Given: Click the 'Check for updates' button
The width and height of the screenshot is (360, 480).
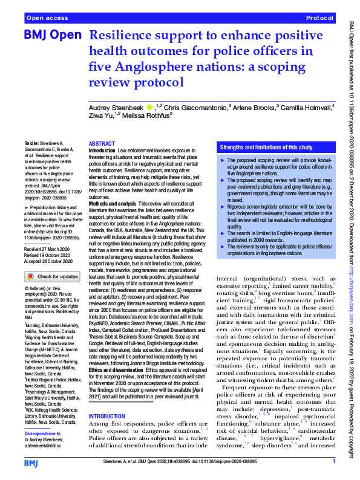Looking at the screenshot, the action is pos(50,276).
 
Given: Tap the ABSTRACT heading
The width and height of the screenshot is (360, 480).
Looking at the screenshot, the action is pos(101,144).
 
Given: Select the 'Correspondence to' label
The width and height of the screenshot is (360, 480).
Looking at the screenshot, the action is pos(42,434).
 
